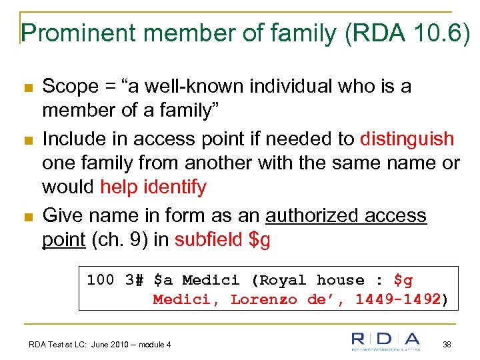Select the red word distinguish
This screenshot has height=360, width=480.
pos(407,139)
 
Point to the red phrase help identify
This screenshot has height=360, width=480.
pos(153,187)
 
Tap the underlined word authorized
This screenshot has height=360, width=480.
pos(309,215)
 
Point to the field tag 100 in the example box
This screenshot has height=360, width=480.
pos(101,280)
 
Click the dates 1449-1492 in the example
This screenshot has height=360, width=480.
pos(398,299)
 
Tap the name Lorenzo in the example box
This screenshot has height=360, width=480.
pos(265,299)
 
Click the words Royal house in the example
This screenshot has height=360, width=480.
pos(311,280)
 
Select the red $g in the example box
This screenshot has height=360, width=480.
pos(403,280)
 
